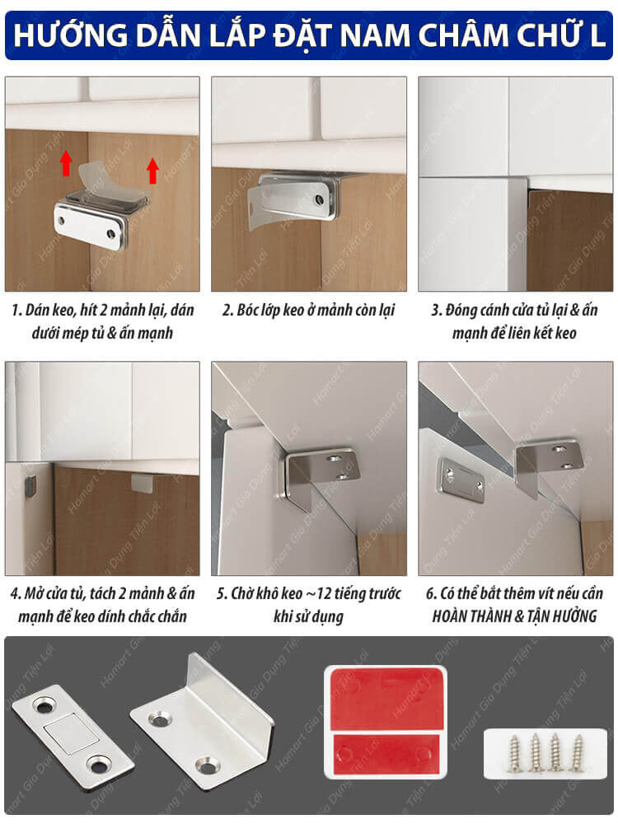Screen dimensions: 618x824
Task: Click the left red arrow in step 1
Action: point(66,162)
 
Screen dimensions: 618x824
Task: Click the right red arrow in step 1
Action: point(152,171)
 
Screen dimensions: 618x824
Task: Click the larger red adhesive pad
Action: point(386,698)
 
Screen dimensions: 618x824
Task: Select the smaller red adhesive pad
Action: point(386,754)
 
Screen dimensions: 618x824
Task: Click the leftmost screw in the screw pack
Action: point(514,753)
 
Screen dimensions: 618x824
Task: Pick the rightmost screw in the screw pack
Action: point(578,752)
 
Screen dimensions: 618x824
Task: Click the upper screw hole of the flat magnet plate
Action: point(44,706)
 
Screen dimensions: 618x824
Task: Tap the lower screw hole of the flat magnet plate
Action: point(98,765)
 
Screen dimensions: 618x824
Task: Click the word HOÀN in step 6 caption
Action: point(452,616)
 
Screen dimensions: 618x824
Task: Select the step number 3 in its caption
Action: point(434,310)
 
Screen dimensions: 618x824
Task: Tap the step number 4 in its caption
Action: point(14,594)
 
